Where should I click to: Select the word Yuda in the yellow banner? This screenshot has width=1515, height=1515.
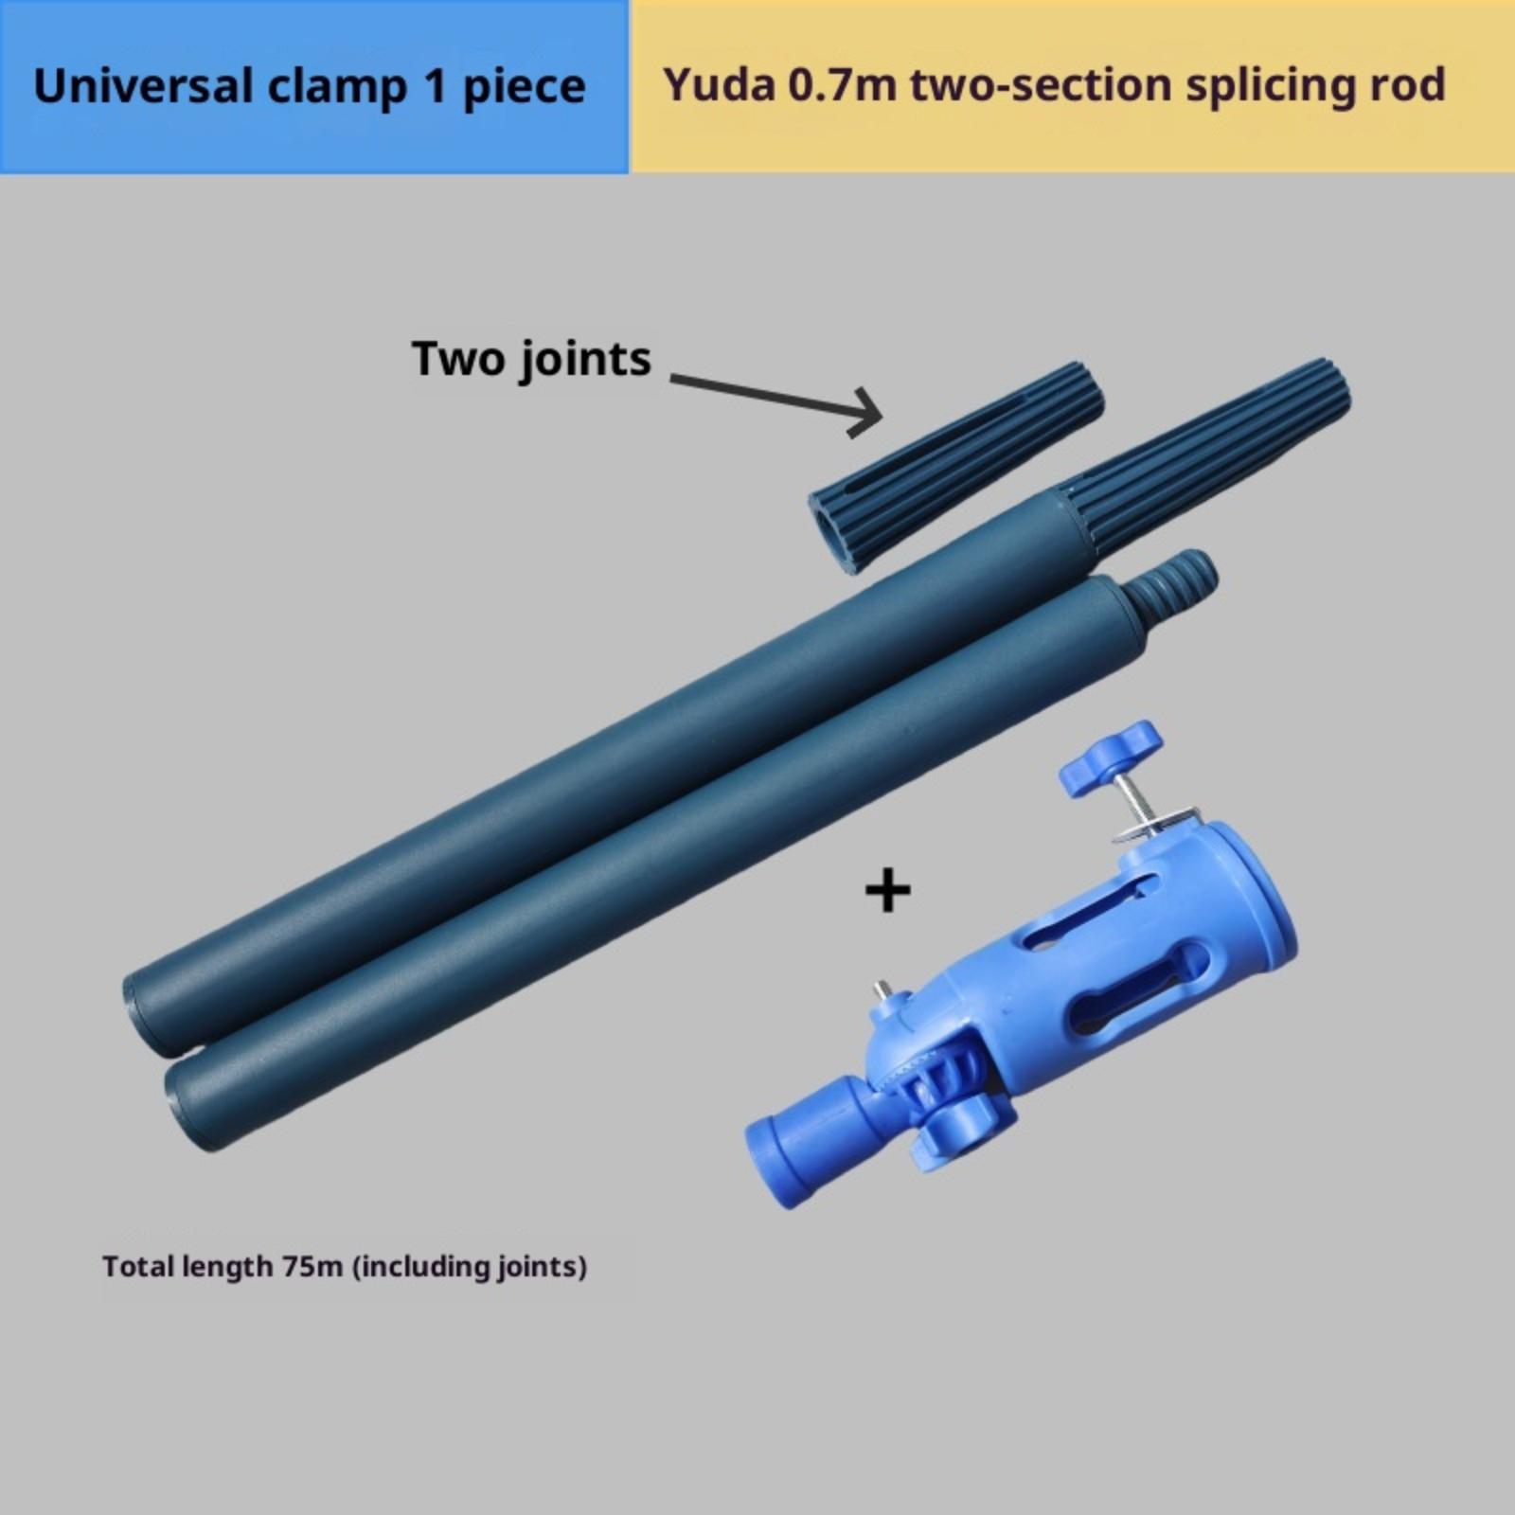tap(719, 85)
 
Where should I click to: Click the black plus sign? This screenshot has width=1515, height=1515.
tap(887, 890)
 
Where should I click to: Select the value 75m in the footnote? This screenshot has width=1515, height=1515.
tap(312, 1267)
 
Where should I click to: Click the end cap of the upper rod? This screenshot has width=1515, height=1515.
tap(142, 1013)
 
